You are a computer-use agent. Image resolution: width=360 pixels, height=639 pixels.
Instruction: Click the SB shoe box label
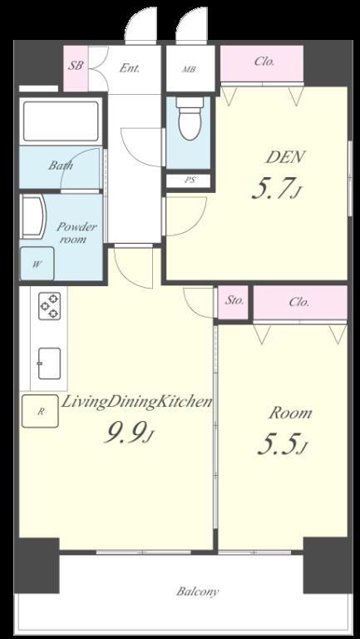click(x=76, y=66)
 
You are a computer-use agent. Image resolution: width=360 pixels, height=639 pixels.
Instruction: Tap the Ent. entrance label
click(x=130, y=68)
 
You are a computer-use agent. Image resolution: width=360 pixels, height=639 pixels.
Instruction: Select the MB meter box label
click(x=189, y=69)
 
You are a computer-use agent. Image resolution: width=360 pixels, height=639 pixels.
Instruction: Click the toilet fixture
click(x=189, y=118)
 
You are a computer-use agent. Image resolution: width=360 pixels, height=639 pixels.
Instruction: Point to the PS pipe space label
click(x=190, y=181)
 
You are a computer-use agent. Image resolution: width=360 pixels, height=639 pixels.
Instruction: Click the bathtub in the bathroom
click(x=61, y=121)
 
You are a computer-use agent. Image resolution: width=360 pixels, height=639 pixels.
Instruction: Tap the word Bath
click(x=61, y=166)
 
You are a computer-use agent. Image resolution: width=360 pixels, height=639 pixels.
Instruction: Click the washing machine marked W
click(x=37, y=263)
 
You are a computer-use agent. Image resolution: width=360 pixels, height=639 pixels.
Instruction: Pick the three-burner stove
click(x=50, y=305)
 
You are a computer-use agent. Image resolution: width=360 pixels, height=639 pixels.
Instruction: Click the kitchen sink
click(x=49, y=363)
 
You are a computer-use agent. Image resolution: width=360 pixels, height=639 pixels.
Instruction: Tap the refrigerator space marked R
click(x=40, y=411)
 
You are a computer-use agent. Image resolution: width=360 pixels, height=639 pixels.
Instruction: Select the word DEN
click(x=284, y=157)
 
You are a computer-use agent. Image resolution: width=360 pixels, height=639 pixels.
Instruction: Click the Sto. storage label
click(x=234, y=301)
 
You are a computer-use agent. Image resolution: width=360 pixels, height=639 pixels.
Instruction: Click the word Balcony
click(x=198, y=592)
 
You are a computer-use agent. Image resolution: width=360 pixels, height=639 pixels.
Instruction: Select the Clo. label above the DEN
click(x=264, y=62)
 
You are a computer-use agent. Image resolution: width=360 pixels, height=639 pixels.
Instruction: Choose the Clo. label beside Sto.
click(x=299, y=302)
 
